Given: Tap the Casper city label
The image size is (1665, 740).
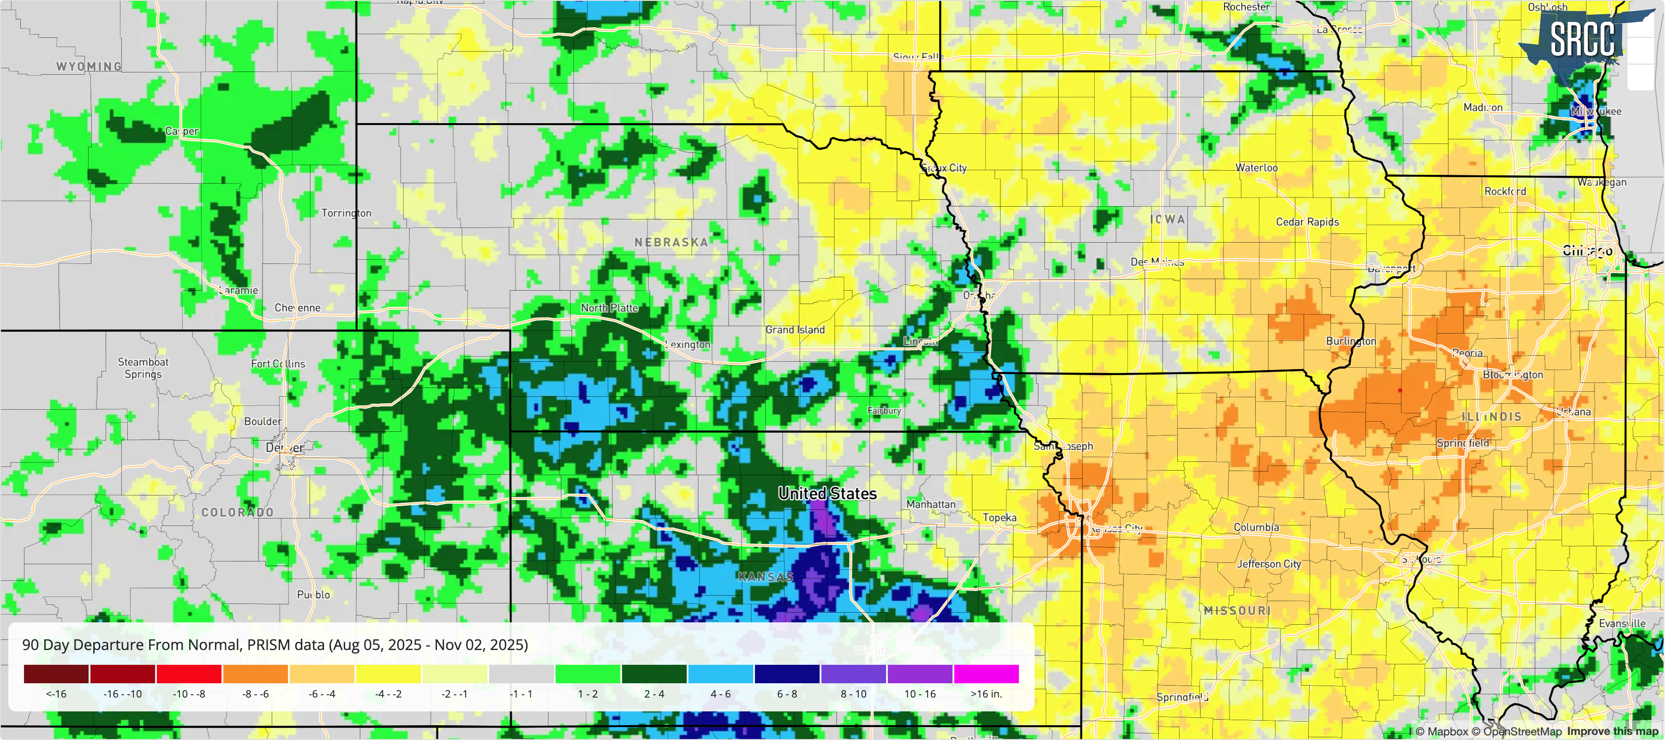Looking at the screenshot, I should click(182, 131).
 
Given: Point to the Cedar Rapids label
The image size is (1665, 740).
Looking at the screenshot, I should click(1307, 221).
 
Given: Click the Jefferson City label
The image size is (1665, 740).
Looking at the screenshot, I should click(1268, 564).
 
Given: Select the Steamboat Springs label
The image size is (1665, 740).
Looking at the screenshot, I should click(143, 368).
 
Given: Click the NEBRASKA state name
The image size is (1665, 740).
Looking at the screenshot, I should click(671, 242).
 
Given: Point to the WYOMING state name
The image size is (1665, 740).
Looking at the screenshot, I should click(89, 66).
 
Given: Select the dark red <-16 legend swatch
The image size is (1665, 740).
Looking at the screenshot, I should click(56, 674).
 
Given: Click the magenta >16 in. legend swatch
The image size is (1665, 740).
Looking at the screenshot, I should click(986, 674).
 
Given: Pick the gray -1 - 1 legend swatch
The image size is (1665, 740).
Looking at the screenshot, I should click(521, 674).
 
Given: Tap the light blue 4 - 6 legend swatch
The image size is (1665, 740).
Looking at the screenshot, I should click(720, 674).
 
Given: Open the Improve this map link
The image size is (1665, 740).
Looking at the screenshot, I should click(1612, 732).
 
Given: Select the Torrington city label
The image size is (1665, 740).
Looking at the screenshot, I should click(347, 213).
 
